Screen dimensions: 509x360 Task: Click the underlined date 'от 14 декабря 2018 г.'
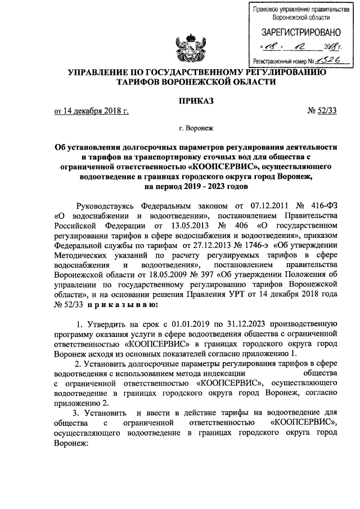[x=92, y=111]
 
